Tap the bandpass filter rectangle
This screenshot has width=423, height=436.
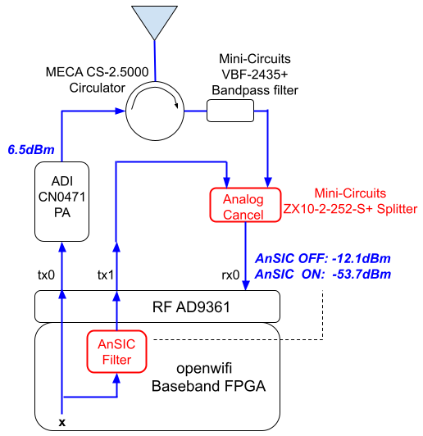230,111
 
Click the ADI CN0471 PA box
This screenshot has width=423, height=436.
61,202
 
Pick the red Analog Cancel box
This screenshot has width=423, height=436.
245,205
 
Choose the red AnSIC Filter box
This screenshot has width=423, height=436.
116,352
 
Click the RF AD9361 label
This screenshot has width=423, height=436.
191,307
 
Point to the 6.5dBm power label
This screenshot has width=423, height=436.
31,150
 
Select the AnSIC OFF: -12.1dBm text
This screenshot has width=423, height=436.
323,259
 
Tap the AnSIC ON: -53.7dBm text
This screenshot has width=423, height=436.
323,275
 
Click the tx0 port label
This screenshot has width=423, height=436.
46,275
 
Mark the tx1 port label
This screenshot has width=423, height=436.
106,275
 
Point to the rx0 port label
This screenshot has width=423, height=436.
230,275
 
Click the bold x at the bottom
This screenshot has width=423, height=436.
62,423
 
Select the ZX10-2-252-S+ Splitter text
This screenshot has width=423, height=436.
350,209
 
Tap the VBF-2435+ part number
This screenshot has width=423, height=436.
255,75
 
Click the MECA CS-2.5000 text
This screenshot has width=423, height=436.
97,72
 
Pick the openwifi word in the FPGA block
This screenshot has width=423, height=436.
204,369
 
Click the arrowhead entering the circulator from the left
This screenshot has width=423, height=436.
120,111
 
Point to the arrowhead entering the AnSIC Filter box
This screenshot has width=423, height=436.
116,378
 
